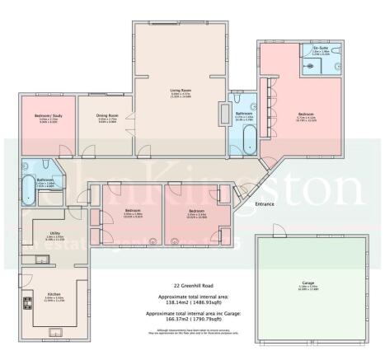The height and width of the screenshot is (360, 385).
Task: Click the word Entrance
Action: pos(265,203)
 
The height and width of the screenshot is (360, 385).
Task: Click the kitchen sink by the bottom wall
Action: pos(60,331)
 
